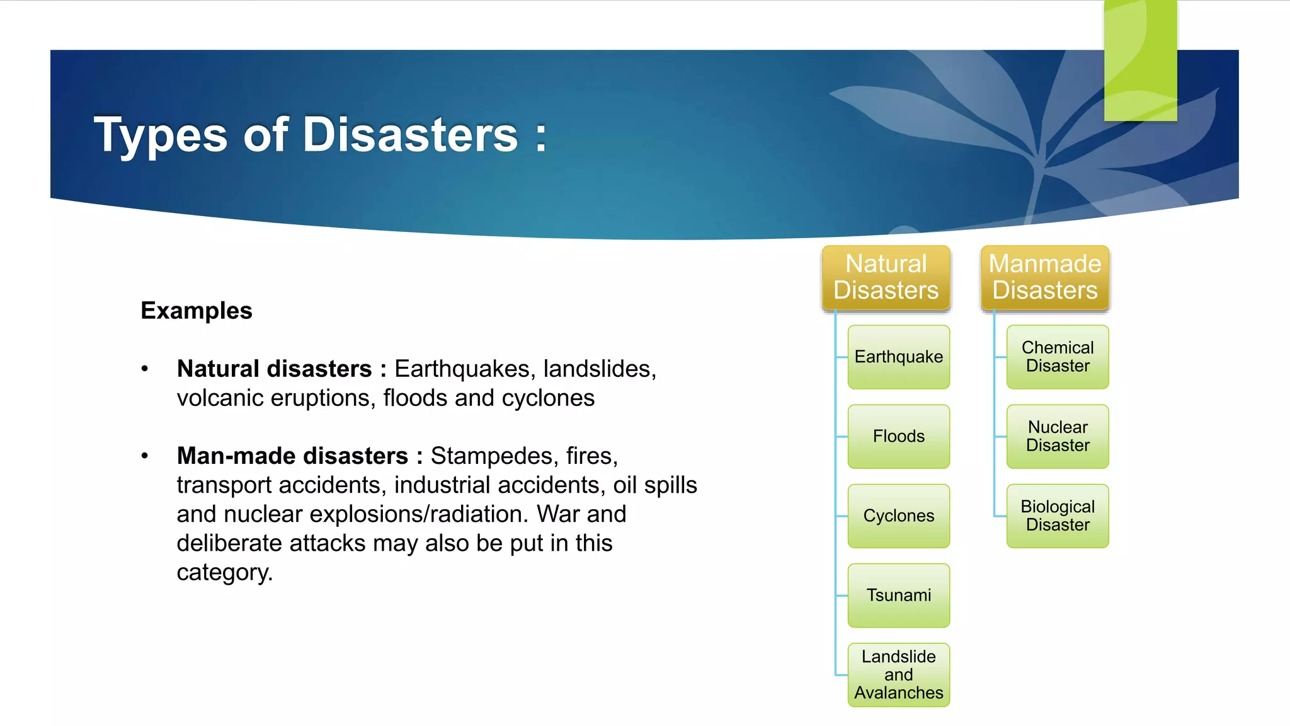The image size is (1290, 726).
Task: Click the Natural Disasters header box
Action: coord(886,277)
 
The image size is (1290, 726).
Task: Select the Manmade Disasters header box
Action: coord(1044,277)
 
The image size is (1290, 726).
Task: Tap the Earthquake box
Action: coord(898,357)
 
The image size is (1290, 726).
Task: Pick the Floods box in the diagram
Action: coord(898,436)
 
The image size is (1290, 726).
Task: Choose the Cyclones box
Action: coord(898,516)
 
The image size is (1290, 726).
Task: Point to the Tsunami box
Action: coord(898,595)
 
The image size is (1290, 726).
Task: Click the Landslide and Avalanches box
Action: coord(898,674)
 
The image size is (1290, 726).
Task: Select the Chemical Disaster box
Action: coord(1058,357)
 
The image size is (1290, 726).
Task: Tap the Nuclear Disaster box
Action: coord(1058,436)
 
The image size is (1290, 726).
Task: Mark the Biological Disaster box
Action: coord(1058,516)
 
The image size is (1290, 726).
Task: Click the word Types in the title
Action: coord(160,135)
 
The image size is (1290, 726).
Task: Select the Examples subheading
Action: coord(196,311)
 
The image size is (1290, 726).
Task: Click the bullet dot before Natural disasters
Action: coord(145,369)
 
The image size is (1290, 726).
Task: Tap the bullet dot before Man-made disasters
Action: coord(145,456)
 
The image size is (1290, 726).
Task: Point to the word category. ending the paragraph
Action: coord(224,572)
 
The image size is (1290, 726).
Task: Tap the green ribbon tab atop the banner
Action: coord(1140,60)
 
